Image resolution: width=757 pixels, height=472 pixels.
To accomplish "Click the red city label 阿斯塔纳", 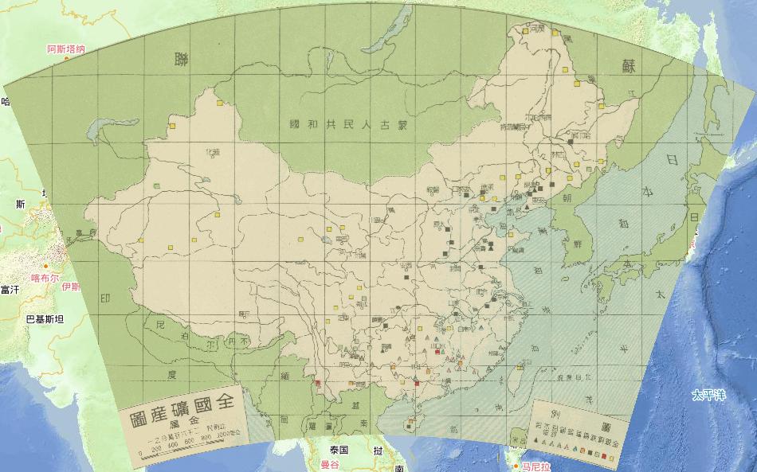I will click(65, 49).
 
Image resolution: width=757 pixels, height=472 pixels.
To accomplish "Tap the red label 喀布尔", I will click(45, 278).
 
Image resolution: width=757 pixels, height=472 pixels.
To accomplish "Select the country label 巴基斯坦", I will click(45, 319).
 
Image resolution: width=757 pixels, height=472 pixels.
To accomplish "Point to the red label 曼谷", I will click(329, 464).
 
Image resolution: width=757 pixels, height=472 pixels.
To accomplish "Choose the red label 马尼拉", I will click(536, 466).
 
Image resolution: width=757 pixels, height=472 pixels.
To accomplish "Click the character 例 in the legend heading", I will click(558, 411).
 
